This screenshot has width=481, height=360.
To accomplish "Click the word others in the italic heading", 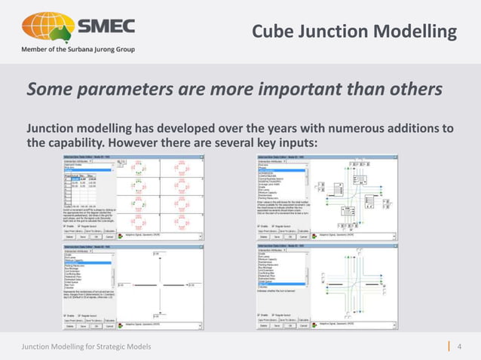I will (x=414, y=90).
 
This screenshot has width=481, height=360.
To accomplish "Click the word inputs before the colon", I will (x=307, y=143).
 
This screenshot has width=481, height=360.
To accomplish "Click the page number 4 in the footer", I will (x=459, y=345).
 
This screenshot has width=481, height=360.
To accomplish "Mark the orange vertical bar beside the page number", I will (x=449, y=345).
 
